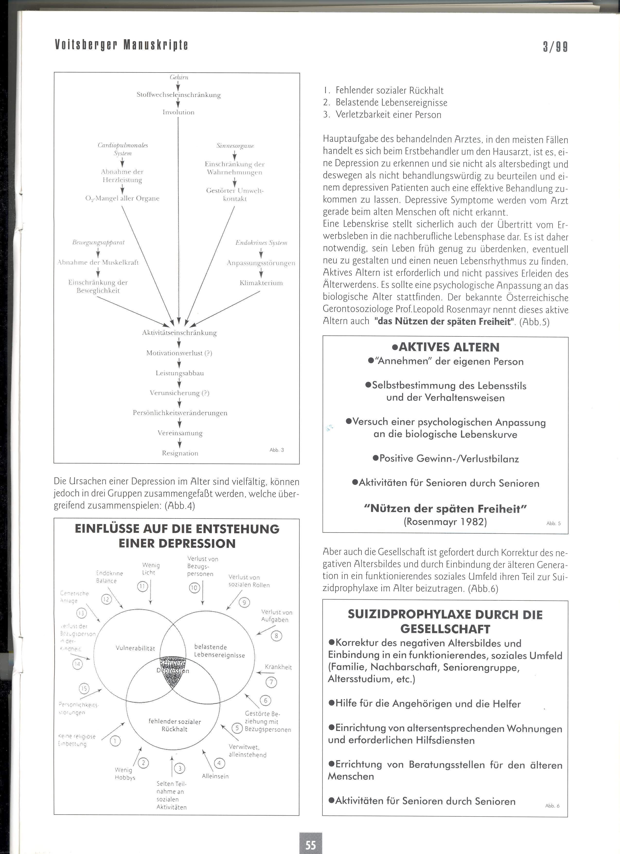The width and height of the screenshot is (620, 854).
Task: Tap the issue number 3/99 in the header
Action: point(555,47)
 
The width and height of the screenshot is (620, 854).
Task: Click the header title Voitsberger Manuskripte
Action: point(121,45)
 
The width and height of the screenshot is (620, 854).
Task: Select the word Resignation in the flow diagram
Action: point(180,453)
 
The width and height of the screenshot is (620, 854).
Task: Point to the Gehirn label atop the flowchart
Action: point(179,77)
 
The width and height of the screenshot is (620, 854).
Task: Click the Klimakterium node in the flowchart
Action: point(261,283)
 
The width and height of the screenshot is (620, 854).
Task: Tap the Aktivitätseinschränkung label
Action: point(179,333)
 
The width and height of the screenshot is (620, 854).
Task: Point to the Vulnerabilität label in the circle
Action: point(135,648)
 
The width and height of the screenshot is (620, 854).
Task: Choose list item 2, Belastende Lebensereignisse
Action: point(391,102)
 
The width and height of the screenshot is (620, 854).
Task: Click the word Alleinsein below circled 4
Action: point(215,776)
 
